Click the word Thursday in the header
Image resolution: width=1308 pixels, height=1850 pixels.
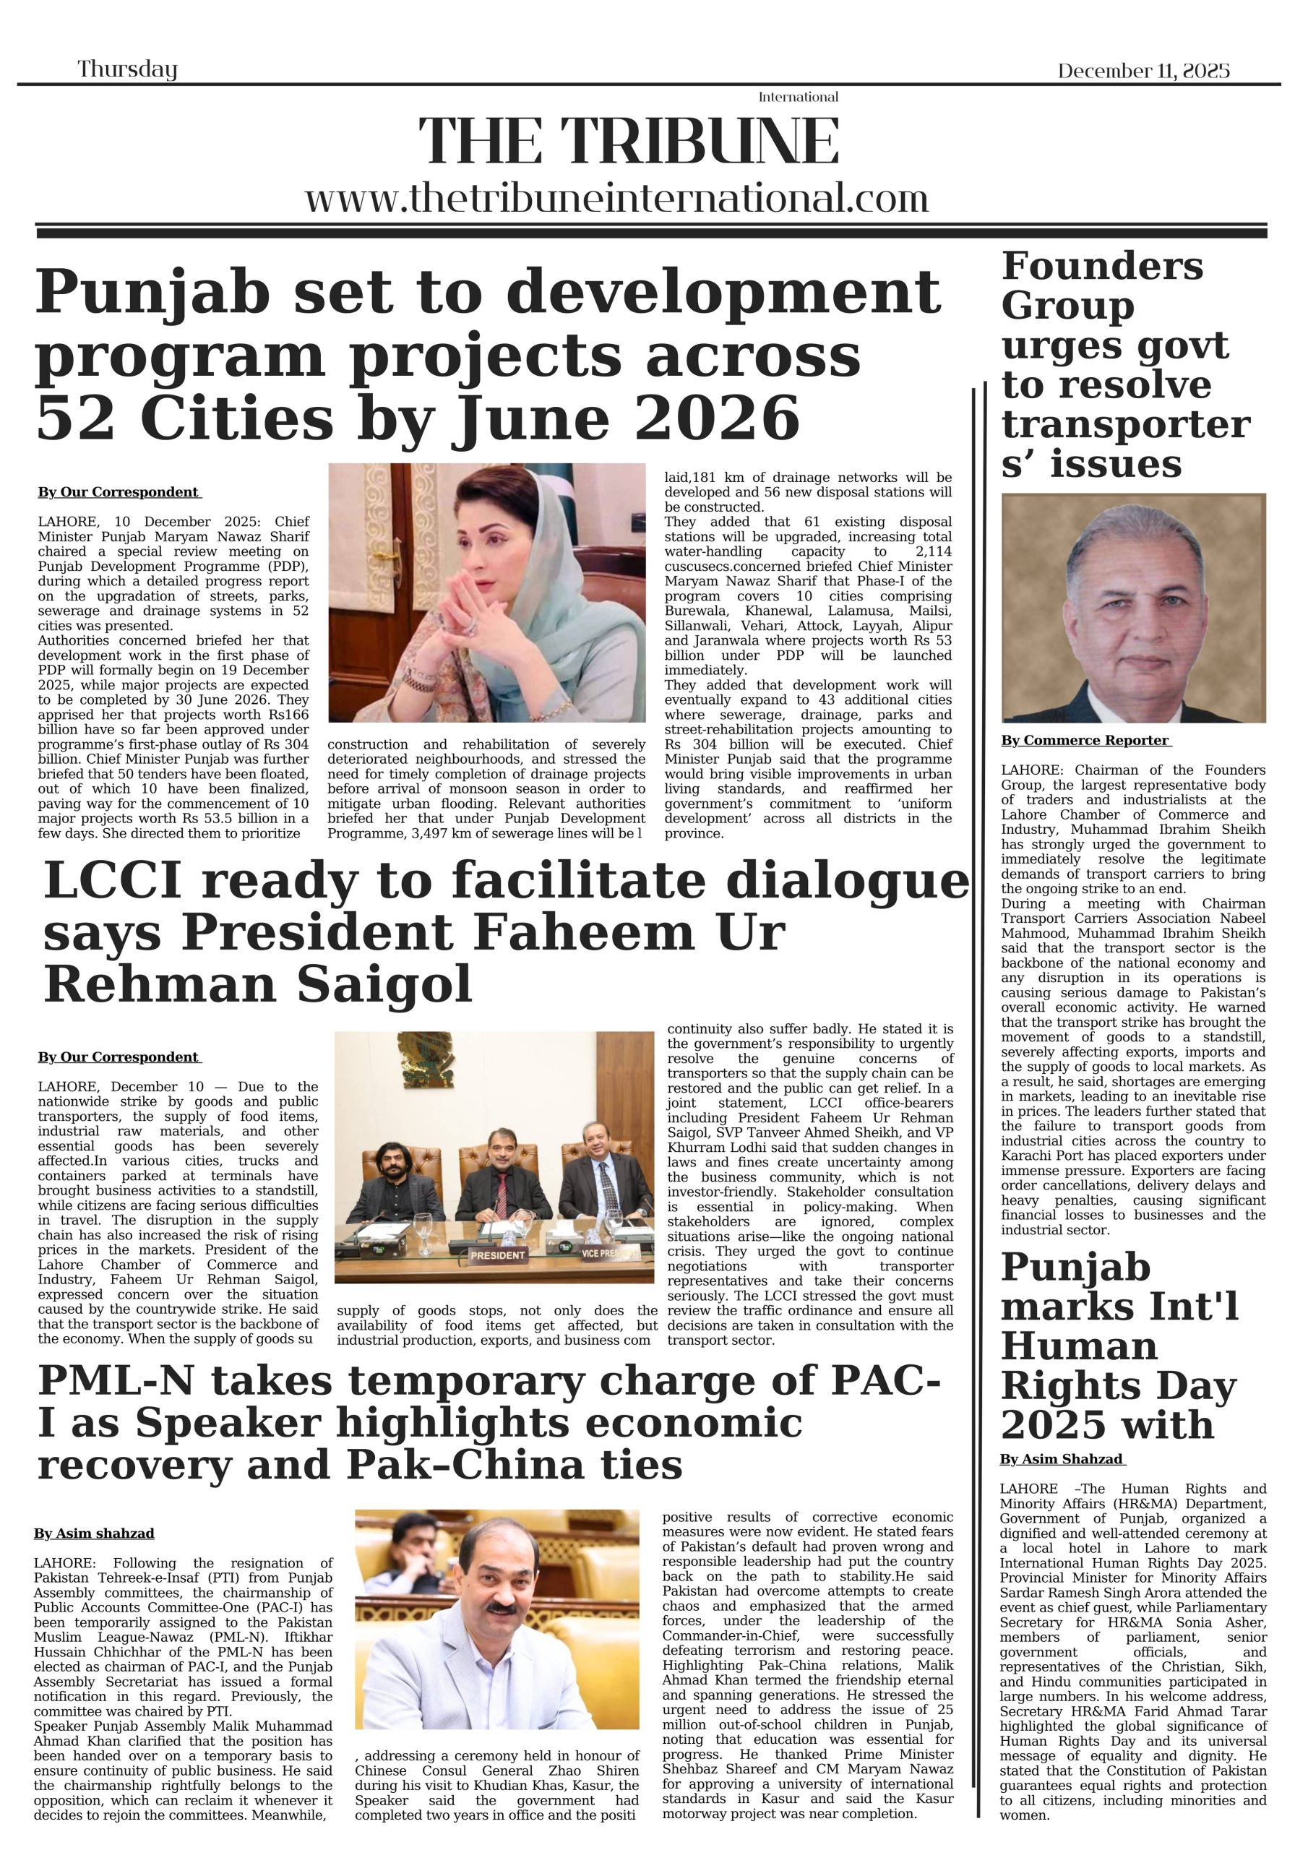point(127,70)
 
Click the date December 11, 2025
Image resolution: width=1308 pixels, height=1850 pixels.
point(1143,71)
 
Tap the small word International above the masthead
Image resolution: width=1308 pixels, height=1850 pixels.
point(798,98)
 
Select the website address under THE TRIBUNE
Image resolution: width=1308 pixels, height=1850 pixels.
point(616,198)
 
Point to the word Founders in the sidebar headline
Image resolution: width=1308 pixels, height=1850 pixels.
point(1102,266)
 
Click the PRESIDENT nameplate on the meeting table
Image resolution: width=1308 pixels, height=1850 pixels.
point(498,1255)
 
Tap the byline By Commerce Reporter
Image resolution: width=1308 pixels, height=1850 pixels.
point(1085,741)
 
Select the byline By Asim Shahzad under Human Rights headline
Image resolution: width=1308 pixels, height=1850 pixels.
point(1062,1459)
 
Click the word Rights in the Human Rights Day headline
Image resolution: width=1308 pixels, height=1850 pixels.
point(1061,1387)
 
